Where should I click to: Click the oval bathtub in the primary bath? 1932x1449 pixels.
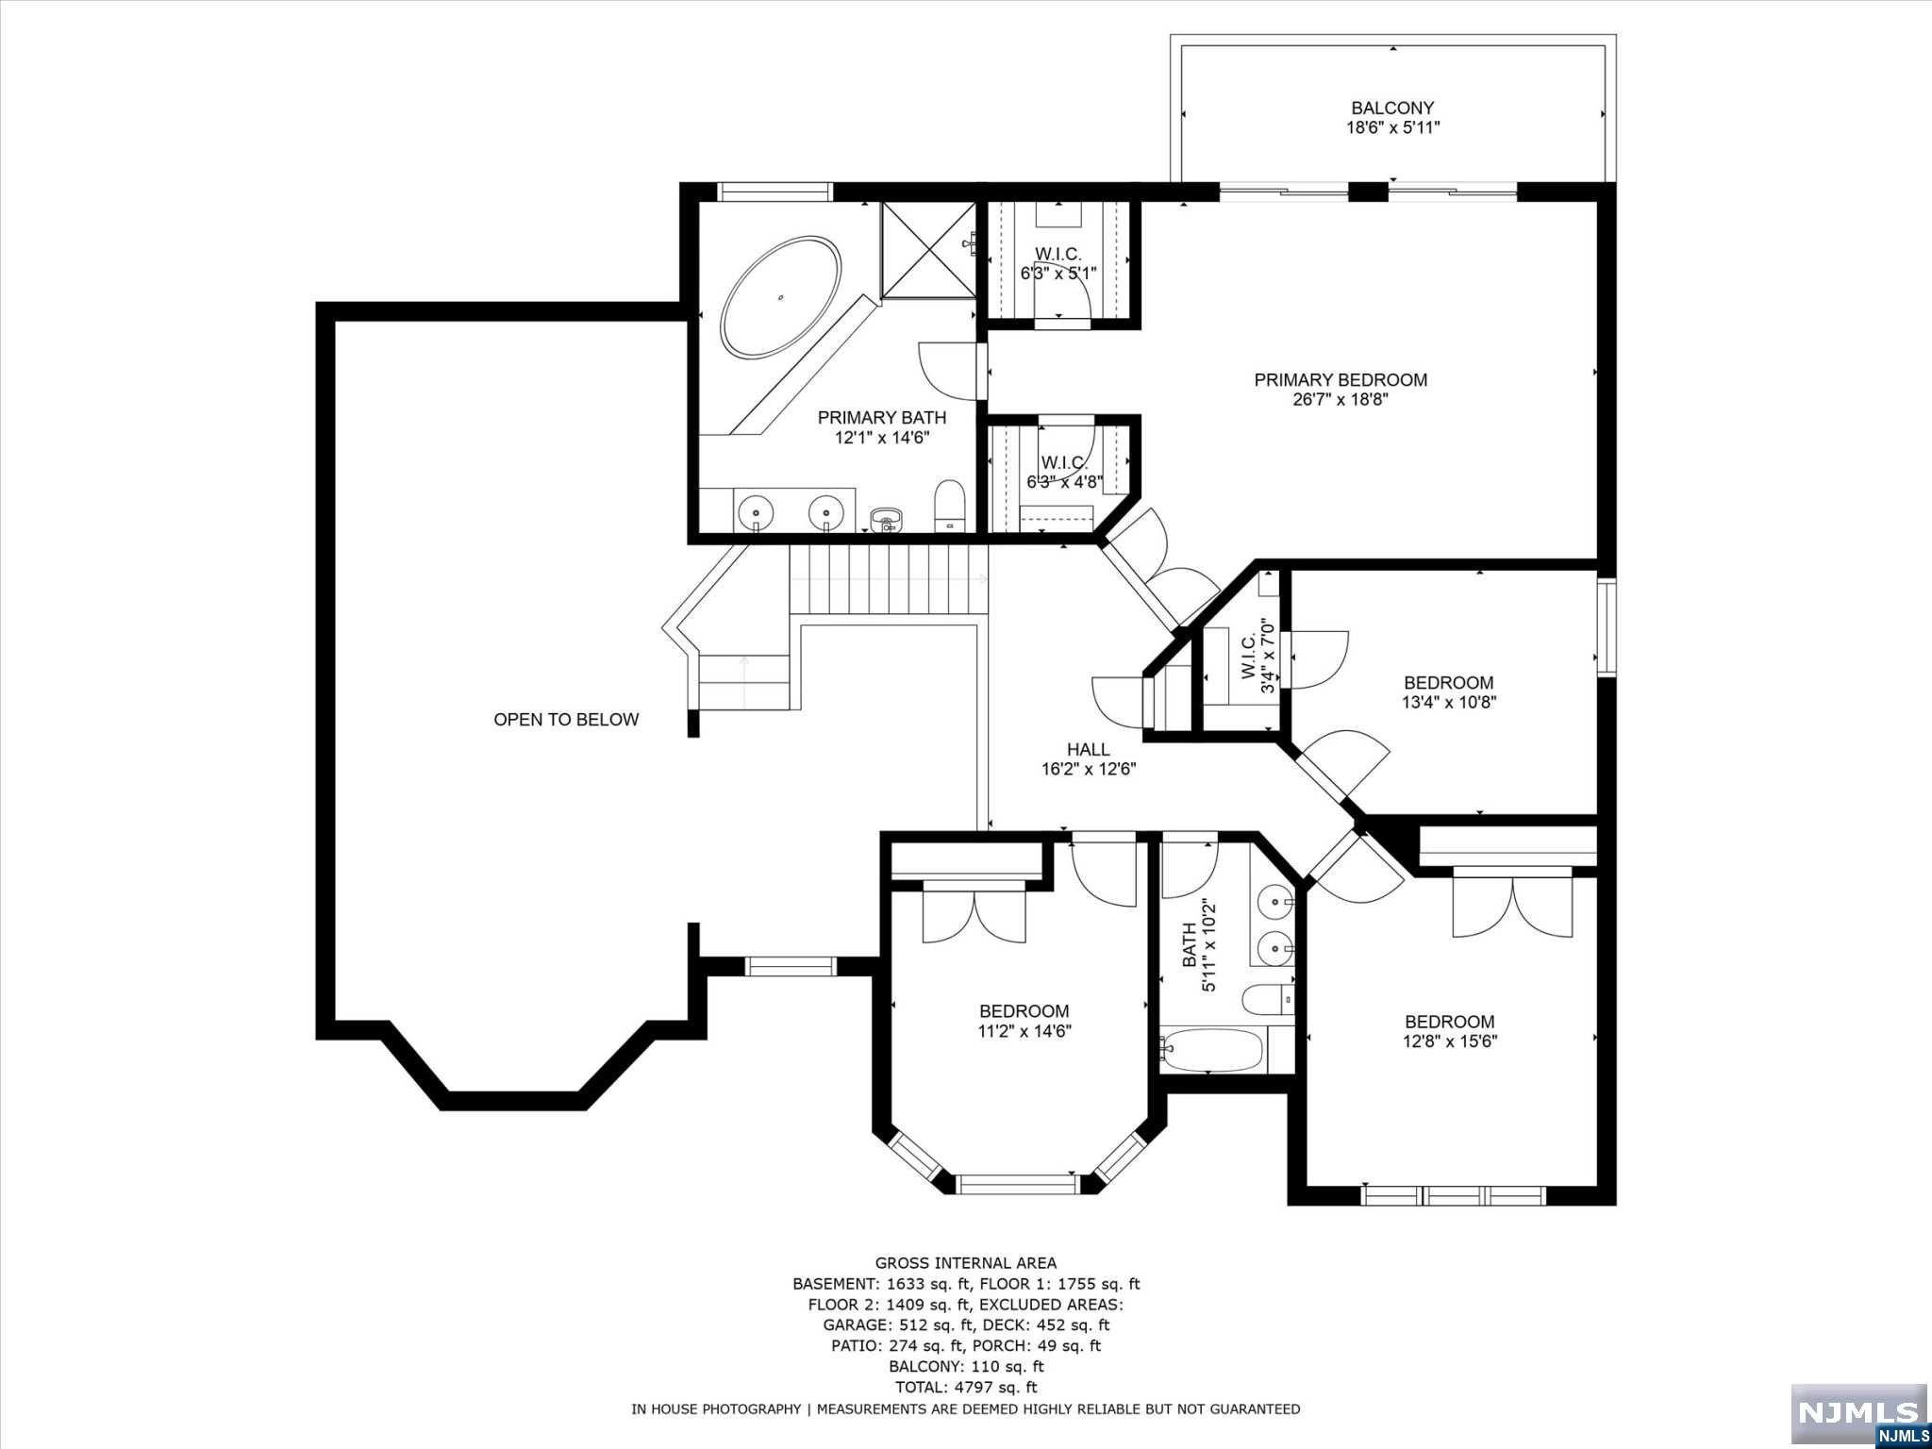click(781, 297)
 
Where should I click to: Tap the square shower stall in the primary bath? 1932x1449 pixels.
click(928, 249)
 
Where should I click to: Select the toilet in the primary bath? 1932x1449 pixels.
click(949, 506)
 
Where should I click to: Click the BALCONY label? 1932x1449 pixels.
click(1392, 108)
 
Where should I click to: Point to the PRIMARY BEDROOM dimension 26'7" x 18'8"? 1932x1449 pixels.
click(1341, 400)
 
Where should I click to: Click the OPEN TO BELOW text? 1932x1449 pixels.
click(566, 720)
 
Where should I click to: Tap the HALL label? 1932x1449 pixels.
click(1089, 749)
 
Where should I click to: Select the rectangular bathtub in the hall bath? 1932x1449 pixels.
click(1213, 1049)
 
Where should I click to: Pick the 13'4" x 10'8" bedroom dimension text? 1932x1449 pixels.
click(1449, 702)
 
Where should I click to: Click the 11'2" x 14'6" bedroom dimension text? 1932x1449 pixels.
click(1024, 1031)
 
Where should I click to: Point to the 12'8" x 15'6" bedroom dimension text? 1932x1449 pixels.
click(1450, 1041)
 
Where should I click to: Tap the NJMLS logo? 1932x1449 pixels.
click(1858, 1411)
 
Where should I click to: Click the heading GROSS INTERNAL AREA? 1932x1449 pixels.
click(966, 1263)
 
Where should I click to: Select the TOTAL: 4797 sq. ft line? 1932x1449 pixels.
click(966, 1387)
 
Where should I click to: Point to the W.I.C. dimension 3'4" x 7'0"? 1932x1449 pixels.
click(1269, 657)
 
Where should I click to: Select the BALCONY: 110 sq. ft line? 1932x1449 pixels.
click(966, 1366)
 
